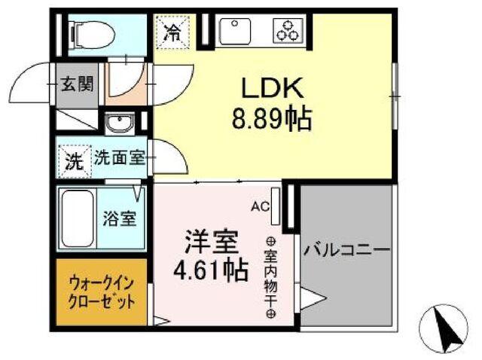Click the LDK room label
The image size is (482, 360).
click(x=272, y=88)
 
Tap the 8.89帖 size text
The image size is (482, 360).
click(x=272, y=118)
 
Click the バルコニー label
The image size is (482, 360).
click(x=347, y=249)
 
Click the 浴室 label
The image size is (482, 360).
click(x=119, y=220)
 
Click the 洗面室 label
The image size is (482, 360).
click(x=119, y=159)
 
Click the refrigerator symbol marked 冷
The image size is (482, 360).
click(x=172, y=33)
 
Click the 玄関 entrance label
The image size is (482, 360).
click(x=77, y=82)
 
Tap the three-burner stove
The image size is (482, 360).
click(x=287, y=32)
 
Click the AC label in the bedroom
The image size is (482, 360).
click(x=258, y=204)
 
